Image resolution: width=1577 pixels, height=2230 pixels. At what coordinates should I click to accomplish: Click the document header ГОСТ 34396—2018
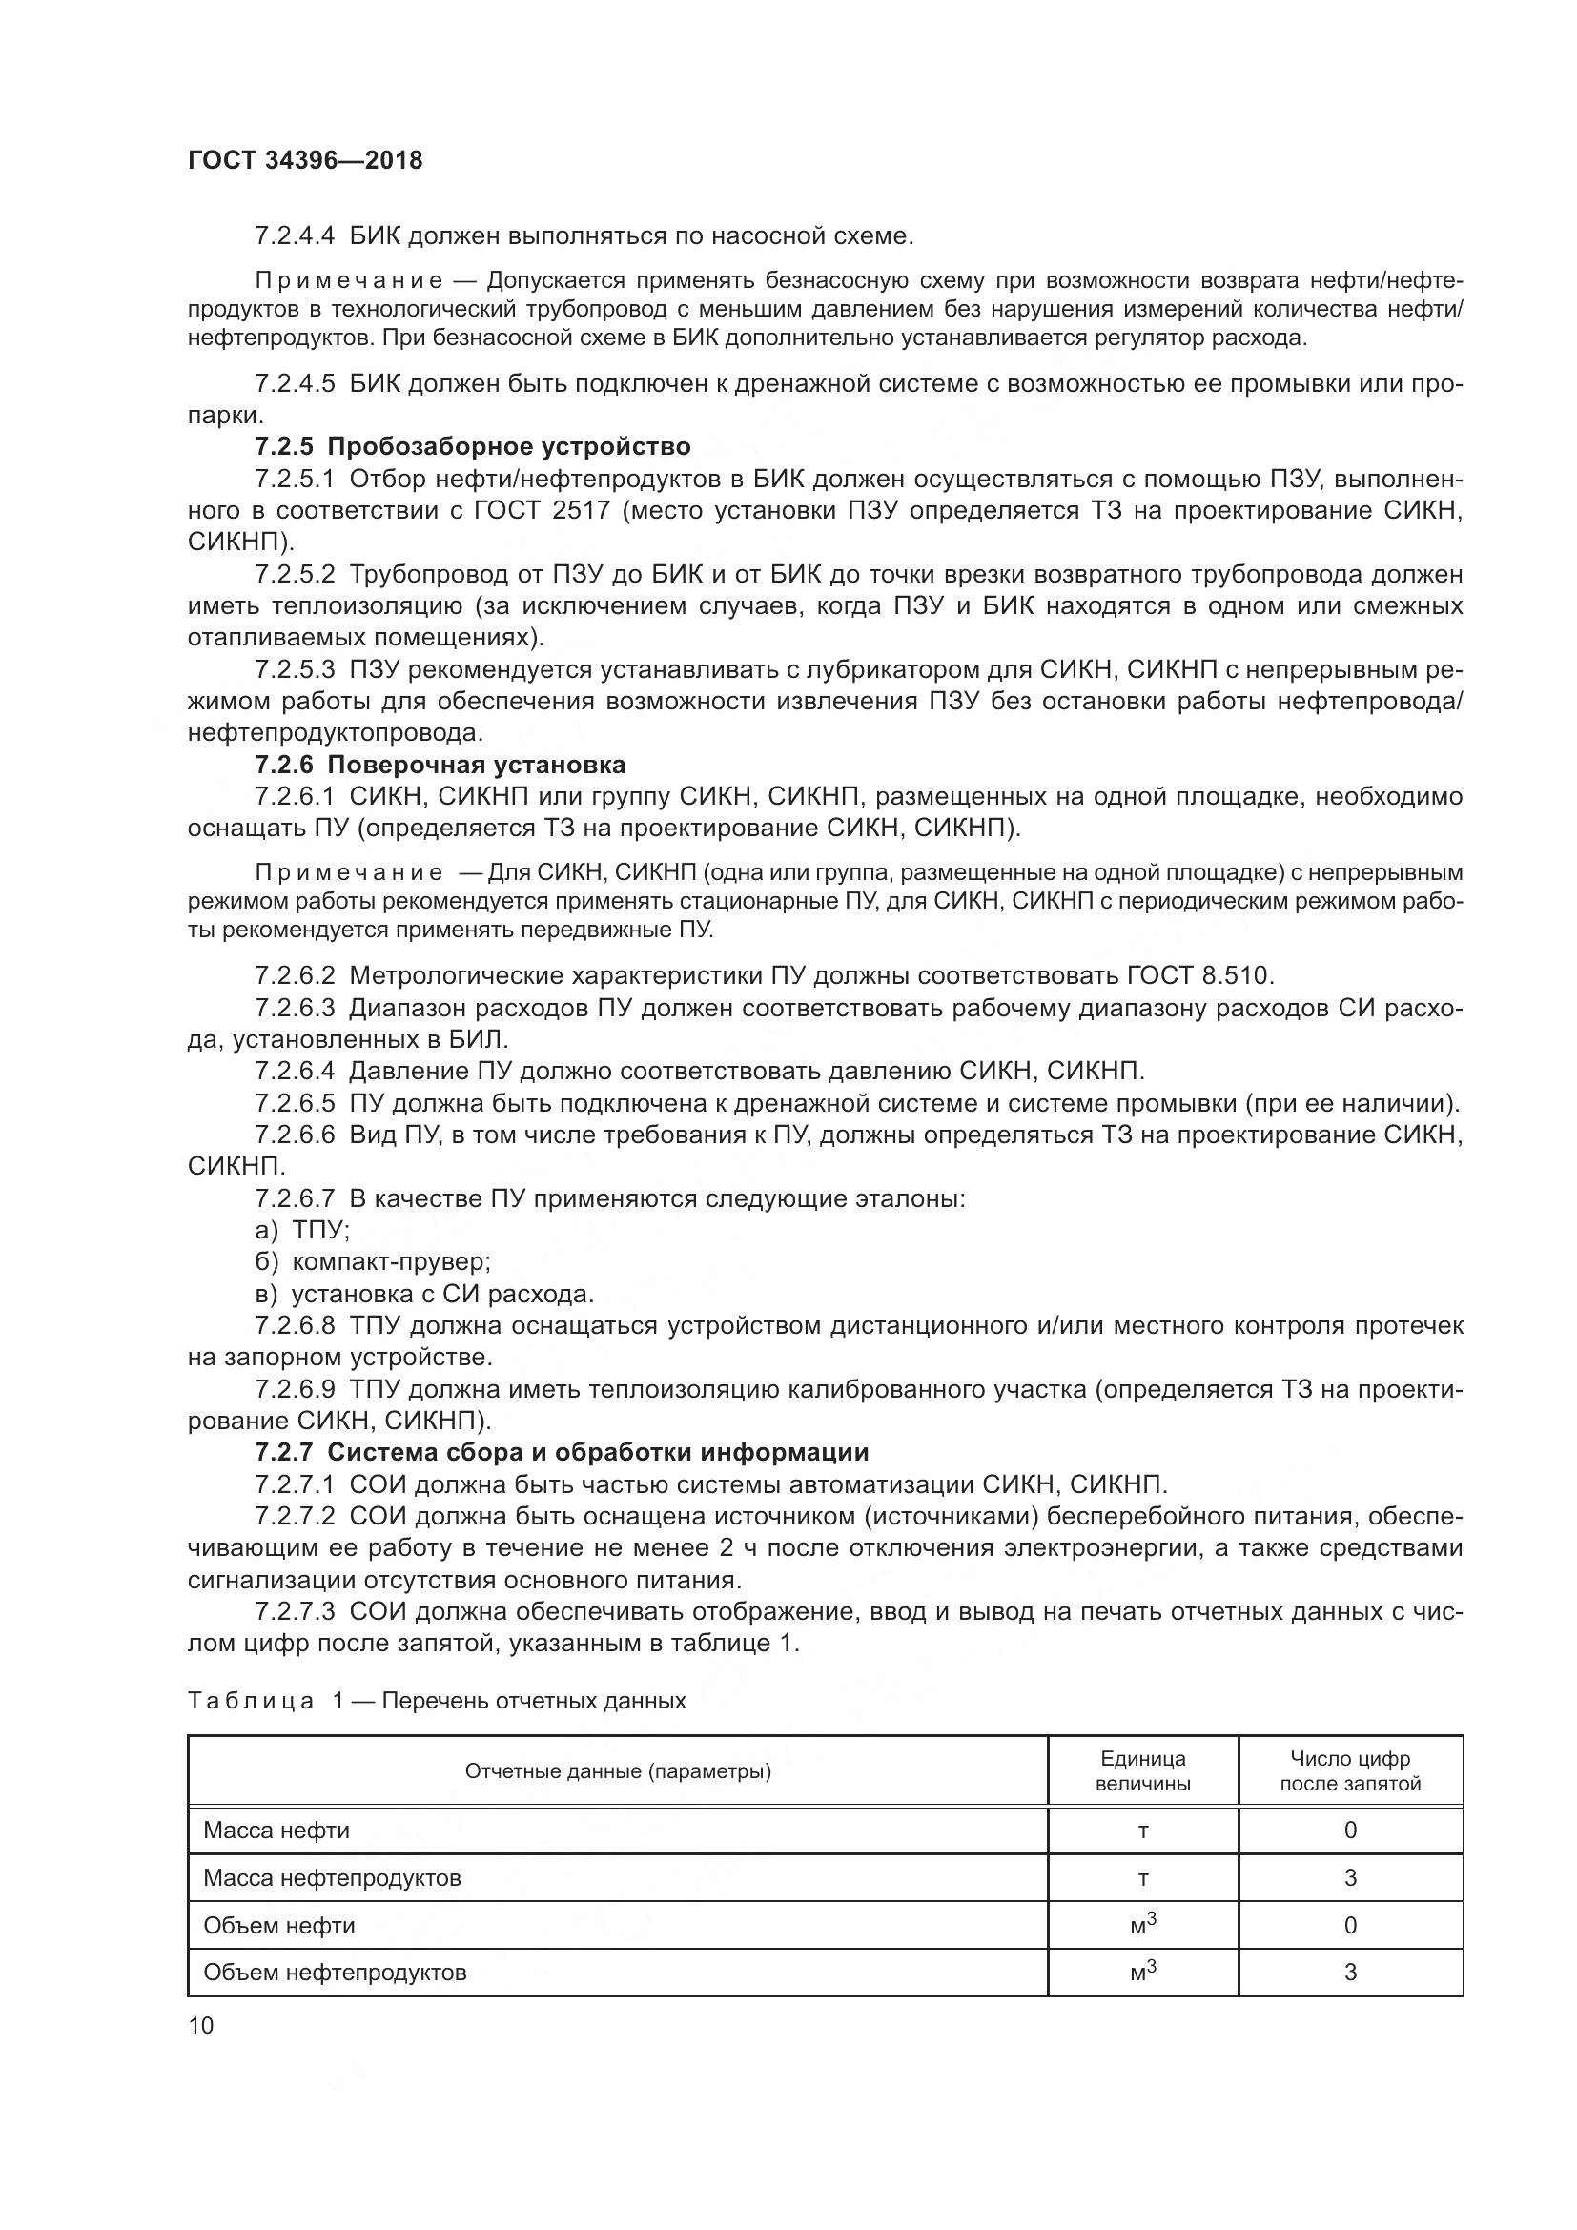tap(305, 160)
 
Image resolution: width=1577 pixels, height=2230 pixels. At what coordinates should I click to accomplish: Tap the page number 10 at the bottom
tap(200, 2025)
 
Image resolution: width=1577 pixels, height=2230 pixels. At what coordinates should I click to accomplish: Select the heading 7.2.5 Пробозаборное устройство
tap(473, 446)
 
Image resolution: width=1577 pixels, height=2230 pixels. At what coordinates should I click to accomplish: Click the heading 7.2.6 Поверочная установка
tap(440, 765)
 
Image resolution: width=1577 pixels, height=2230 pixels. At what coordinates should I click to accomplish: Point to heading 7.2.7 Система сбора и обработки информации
tap(562, 1452)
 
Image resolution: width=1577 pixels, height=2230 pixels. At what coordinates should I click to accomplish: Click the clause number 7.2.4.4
tap(295, 236)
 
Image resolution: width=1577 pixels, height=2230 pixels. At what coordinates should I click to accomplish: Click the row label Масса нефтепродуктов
tap(331, 1877)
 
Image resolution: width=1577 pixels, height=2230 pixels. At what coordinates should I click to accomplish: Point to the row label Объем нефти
tap(278, 1925)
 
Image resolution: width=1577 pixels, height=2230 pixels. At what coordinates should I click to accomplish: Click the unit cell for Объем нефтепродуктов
tap(1142, 1972)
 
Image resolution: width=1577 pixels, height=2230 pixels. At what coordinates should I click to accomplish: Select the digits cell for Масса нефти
tap(1349, 1830)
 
